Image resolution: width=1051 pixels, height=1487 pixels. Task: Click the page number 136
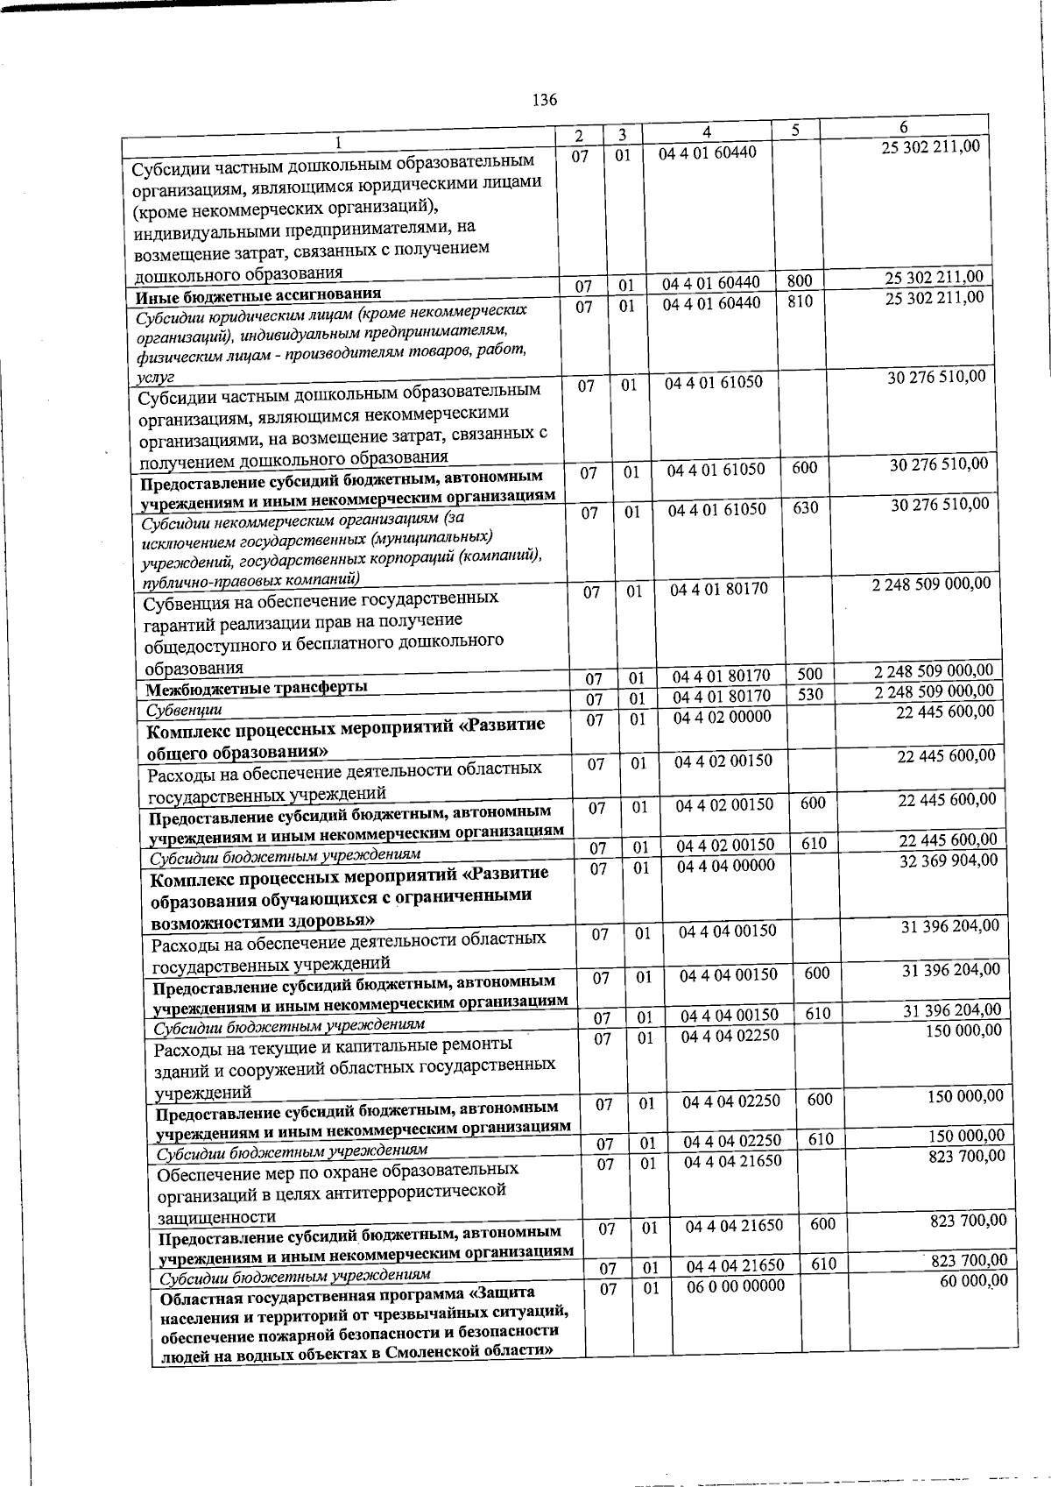click(545, 100)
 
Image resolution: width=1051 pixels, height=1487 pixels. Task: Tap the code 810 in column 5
click(800, 301)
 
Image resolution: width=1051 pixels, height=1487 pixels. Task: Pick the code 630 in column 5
click(805, 507)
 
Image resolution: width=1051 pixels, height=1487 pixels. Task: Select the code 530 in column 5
click(810, 696)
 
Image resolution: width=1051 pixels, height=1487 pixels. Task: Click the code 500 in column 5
click(810, 675)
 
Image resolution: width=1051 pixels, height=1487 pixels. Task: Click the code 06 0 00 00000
click(736, 1285)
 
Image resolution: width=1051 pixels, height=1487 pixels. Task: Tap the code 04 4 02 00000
click(723, 717)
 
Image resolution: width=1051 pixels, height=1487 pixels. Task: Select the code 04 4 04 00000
click(726, 866)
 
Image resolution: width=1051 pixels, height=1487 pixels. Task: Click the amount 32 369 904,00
click(949, 860)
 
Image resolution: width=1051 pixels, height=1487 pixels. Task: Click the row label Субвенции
click(184, 709)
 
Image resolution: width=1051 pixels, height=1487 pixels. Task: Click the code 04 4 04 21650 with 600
click(734, 1226)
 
